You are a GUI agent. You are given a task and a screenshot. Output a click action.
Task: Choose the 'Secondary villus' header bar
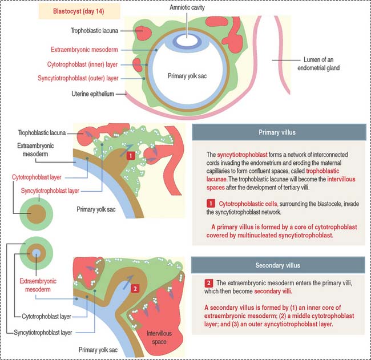(x=279, y=265)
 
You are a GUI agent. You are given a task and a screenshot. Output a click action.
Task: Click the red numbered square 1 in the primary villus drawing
(x=130, y=155)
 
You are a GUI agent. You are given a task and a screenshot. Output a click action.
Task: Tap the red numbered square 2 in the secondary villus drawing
(x=134, y=289)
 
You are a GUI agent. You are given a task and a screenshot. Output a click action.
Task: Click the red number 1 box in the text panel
(x=211, y=204)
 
